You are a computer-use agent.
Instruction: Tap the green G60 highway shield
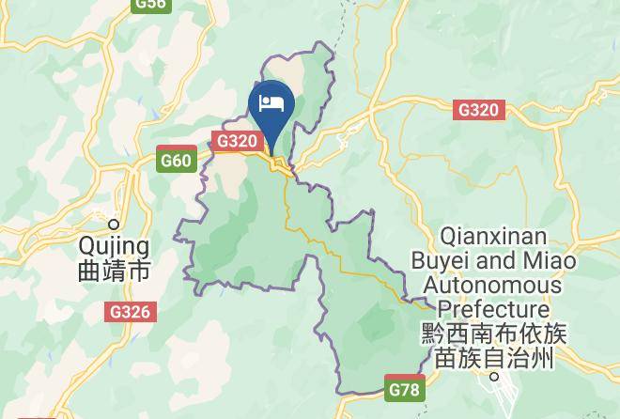tap(176, 161)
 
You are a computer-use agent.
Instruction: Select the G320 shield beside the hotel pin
tap(236, 141)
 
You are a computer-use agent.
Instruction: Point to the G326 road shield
tap(130, 311)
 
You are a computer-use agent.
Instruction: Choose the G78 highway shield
tap(405, 386)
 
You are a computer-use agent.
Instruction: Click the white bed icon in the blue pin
tap(271, 103)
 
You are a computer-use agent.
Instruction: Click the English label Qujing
tap(114, 246)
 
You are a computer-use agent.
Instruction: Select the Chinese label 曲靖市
tap(114, 272)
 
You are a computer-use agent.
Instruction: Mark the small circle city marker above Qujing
tap(114, 224)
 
